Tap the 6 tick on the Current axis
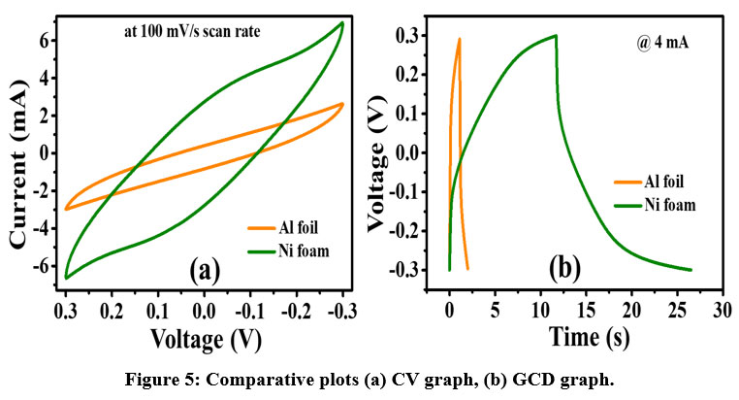pyautogui.click(x=44, y=39)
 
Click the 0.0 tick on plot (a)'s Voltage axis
pyautogui.click(x=204, y=312)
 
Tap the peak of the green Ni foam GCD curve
pyautogui.click(x=556, y=36)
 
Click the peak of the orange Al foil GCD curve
pyautogui.click(x=459, y=40)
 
